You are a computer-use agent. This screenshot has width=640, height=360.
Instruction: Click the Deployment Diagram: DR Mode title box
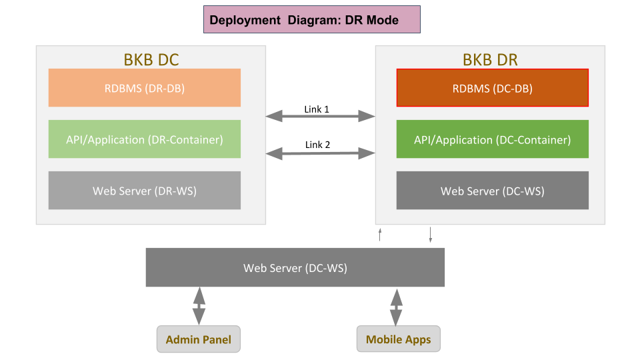click(312, 19)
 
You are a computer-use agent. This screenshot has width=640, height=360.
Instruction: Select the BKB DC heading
click(151, 59)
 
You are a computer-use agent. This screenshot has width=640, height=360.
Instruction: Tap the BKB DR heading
click(490, 59)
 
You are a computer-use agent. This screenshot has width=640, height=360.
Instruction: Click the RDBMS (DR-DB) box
click(145, 88)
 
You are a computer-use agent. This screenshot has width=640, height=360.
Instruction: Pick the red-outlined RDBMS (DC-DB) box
click(492, 88)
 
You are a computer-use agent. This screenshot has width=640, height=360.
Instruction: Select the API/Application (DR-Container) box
click(145, 139)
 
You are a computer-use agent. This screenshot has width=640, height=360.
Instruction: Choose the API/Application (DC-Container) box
click(492, 139)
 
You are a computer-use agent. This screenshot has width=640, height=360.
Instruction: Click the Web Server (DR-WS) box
click(145, 191)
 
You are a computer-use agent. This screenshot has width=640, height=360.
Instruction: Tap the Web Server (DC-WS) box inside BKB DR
click(492, 191)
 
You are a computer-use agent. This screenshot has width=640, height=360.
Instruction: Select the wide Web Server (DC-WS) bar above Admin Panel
click(295, 267)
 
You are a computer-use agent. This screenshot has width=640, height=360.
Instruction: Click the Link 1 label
click(316, 109)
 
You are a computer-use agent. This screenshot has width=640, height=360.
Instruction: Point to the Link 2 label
click(317, 145)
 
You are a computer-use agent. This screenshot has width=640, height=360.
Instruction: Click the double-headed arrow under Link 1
click(321, 116)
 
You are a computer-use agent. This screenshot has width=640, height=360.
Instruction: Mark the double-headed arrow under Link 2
click(321, 153)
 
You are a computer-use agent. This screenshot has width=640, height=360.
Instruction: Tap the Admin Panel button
click(199, 339)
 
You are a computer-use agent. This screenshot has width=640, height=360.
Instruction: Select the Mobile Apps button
click(399, 339)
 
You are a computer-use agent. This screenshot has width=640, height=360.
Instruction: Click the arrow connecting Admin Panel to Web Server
click(199, 306)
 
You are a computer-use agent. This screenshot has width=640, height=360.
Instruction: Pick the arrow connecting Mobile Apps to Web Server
click(396, 307)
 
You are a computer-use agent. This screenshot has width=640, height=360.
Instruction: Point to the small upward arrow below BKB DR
click(380, 234)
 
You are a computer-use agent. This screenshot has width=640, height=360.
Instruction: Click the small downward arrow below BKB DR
click(431, 235)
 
